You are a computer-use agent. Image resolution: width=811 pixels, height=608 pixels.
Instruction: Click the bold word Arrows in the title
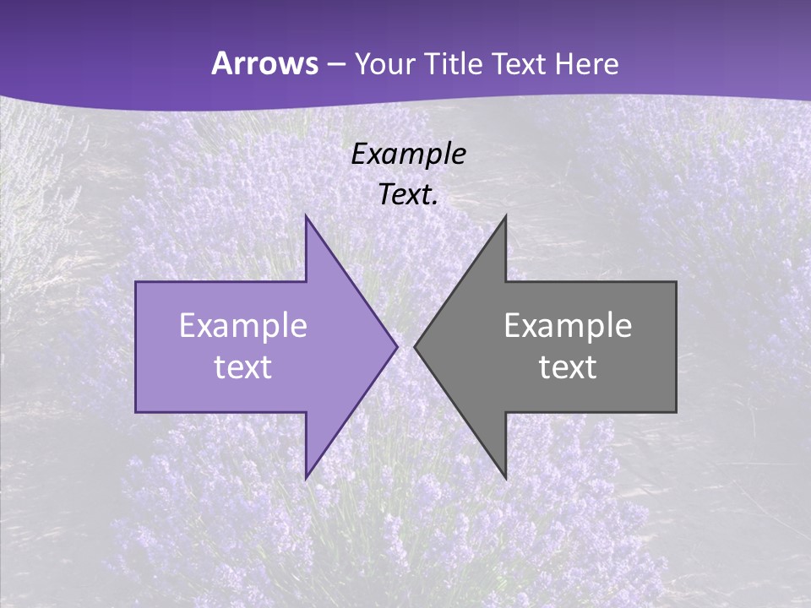pyautogui.click(x=264, y=64)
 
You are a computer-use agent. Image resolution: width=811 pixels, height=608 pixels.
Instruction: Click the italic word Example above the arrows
pyautogui.click(x=409, y=155)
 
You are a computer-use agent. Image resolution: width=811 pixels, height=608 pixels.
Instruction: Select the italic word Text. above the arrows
pyautogui.click(x=409, y=194)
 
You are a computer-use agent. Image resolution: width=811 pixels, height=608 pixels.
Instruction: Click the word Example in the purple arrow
pyautogui.click(x=243, y=325)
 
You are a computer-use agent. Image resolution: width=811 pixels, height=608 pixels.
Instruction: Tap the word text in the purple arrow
pyautogui.click(x=243, y=367)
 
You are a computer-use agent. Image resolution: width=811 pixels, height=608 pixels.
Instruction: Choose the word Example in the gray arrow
pyautogui.click(x=568, y=325)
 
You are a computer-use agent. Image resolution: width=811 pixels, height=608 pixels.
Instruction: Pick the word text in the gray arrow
pyautogui.click(x=568, y=367)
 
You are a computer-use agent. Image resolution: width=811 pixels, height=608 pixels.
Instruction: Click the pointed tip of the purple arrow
pyautogui.click(x=396, y=346)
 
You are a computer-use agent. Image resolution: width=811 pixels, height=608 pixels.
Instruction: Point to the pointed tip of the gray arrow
pyautogui.click(x=415, y=346)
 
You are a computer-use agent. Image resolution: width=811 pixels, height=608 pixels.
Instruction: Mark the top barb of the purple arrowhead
pyautogui.click(x=307, y=218)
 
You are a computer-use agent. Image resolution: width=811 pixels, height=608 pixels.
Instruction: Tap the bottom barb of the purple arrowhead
pyautogui.click(x=307, y=477)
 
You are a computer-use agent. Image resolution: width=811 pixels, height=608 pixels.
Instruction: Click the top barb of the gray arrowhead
pyautogui.click(x=504, y=218)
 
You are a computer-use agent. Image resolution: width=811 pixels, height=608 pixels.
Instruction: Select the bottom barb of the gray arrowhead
pyautogui.click(x=504, y=477)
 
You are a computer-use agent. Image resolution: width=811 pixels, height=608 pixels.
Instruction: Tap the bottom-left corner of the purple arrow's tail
pyautogui.click(x=137, y=411)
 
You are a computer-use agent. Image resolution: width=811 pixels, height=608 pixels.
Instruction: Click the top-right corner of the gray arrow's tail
pyautogui.click(x=675, y=283)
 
